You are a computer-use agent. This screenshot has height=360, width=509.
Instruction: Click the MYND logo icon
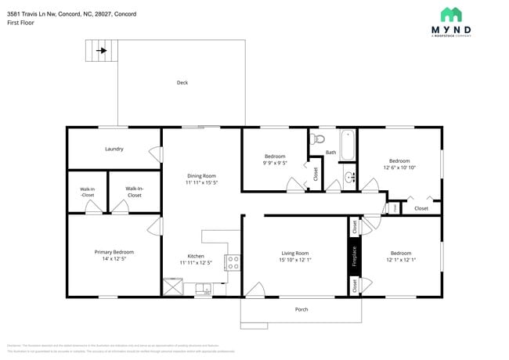pos(450,15)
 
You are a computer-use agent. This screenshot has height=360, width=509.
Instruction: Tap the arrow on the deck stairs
pos(102,52)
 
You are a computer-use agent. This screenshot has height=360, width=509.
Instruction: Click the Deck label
pos(182,82)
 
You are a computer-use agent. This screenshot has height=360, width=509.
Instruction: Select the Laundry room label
pos(114,149)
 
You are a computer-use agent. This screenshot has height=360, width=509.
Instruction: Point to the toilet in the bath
pos(317,139)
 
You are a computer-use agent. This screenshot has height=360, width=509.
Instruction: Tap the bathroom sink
pos(349,178)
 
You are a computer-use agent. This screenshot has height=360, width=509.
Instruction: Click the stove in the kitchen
pos(232,263)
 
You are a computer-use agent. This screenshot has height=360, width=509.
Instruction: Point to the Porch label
pos(301,309)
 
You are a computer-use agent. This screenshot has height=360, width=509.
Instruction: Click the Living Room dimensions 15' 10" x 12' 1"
pos(295,260)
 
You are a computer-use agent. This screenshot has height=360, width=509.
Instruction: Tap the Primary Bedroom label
pos(114,252)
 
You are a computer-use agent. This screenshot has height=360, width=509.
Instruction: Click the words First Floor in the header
pos(23,23)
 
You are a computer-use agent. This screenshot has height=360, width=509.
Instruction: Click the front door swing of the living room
pos(254,292)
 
